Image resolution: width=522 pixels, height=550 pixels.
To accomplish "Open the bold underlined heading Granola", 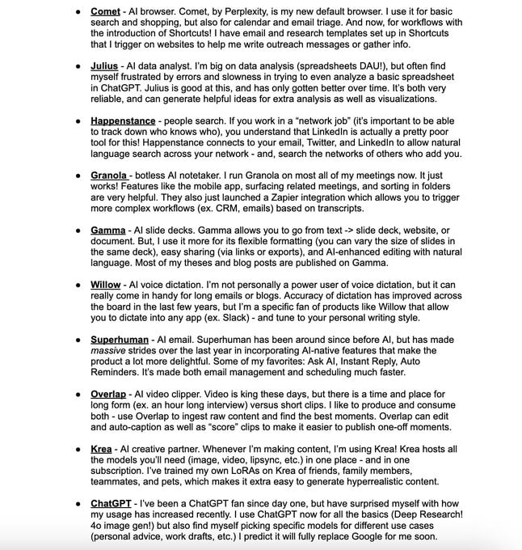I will point(109,175).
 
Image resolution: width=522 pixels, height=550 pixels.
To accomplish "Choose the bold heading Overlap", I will point(108,394).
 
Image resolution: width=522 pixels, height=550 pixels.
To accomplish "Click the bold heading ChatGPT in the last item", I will point(112,503).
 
